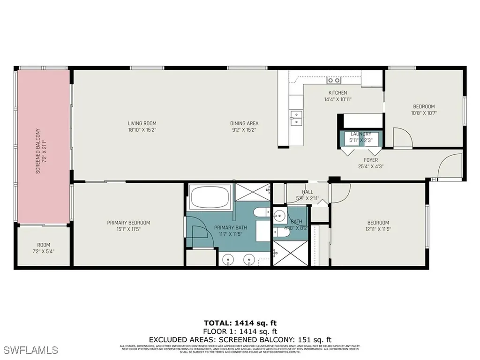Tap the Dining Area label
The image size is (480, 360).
[x=244, y=123]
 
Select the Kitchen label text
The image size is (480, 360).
[x=337, y=93]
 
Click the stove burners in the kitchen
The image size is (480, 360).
[x=334, y=80]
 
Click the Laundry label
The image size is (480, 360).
[x=360, y=134]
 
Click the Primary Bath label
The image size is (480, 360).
[x=230, y=228]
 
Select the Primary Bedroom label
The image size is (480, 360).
[x=128, y=223]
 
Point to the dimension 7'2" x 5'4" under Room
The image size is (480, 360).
[x=44, y=251]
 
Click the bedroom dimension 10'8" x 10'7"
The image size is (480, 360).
[x=423, y=112]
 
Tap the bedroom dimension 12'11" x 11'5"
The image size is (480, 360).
[x=378, y=229]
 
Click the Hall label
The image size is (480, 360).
[x=307, y=192]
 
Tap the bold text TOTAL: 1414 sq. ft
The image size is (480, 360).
[x=240, y=323]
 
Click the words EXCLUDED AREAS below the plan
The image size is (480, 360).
[x=178, y=339]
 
